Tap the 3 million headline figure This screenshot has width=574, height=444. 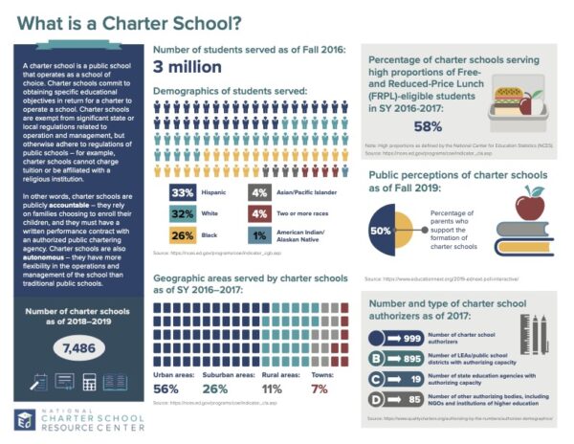(x=188, y=67)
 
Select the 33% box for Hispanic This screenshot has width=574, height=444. (x=182, y=192)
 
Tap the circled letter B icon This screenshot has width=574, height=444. (x=377, y=358)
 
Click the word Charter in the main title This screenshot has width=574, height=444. (x=128, y=20)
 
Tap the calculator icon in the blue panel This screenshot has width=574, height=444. (x=91, y=382)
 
